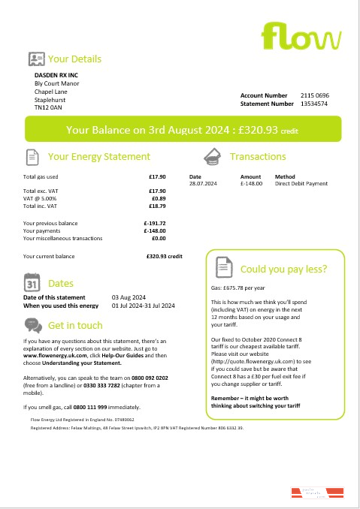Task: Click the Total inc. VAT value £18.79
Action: click(x=157, y=206)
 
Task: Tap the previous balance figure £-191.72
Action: click(x=154, y=224)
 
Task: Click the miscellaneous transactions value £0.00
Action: click(x=159, y=239)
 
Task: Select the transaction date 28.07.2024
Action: click(x=202, y=183)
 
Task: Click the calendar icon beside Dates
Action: click(x=32, y=284)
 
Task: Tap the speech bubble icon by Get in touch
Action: click(x=32, y=325)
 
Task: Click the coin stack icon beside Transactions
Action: click(x=213, y=157)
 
